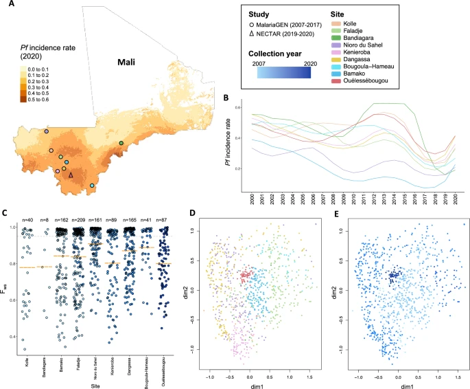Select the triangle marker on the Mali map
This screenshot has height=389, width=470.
click(71, 175)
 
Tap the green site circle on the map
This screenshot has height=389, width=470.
click(121, 143)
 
